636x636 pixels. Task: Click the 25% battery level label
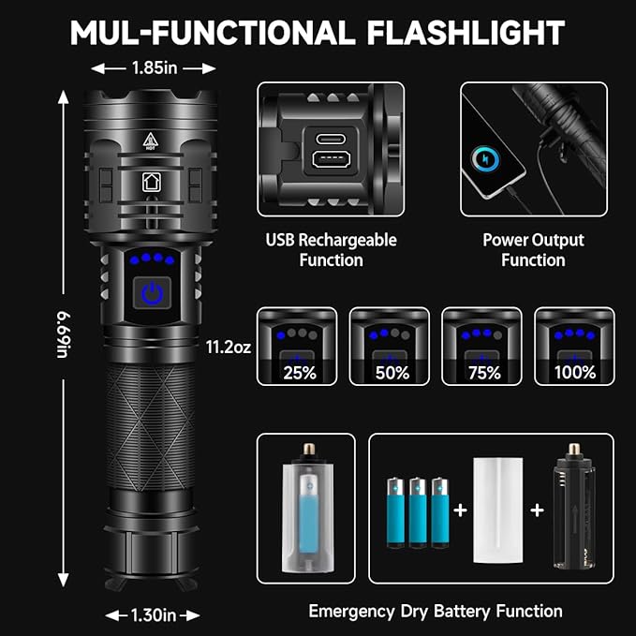[299, 372]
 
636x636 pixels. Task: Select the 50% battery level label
[391, 372]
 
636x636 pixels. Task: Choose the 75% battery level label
[482, 372]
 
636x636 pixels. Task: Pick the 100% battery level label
[575, 372]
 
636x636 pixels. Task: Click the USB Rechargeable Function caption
[332, 250]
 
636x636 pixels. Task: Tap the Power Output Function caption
[532, 250]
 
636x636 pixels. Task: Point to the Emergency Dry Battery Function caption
[436, 612]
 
